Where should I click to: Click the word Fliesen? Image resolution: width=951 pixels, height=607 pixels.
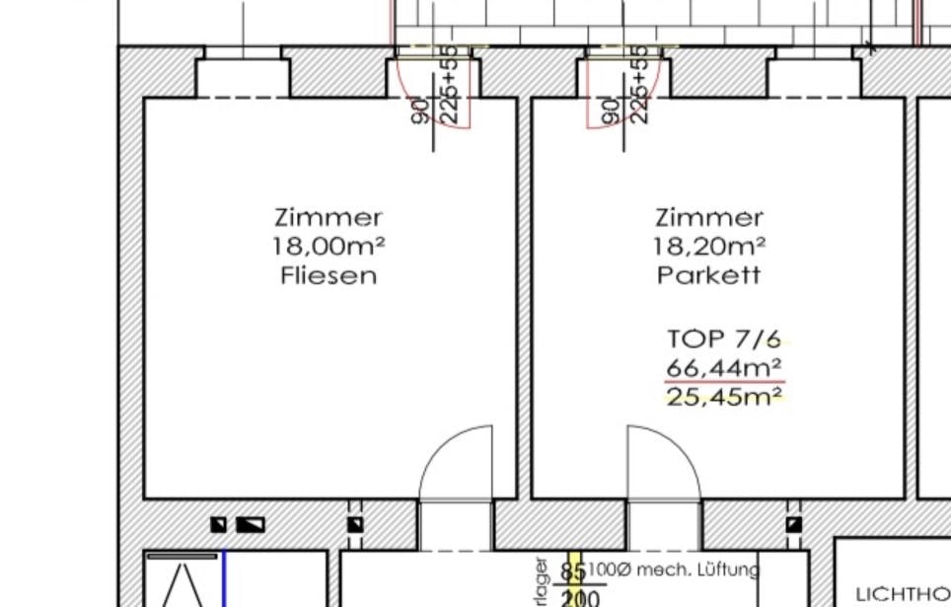[x=329, y=275]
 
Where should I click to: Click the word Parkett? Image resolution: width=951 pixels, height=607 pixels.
[x=709, y=275]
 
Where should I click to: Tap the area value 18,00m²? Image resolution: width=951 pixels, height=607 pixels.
[x=329, y=247]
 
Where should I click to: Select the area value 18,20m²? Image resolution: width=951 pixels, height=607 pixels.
[x=709, y=247]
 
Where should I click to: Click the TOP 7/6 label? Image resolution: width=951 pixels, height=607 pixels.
[x=723, y=340]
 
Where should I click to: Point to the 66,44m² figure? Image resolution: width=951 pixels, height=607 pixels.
[x=724, y=368]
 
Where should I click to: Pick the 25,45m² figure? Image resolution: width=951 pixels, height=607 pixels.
[x=724, y=398]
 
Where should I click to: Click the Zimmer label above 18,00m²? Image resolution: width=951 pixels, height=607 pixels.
[x=329, y=217]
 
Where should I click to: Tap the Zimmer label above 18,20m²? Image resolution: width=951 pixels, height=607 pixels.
[x=709, y=217]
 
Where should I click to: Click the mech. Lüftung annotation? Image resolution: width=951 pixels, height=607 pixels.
[x=675, y=569]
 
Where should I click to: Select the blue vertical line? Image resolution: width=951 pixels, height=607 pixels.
[x=225, y=579]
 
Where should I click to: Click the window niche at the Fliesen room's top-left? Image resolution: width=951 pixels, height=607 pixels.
[x=242, y=77]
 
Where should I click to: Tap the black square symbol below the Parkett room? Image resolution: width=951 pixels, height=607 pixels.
[x=793, y=525]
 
